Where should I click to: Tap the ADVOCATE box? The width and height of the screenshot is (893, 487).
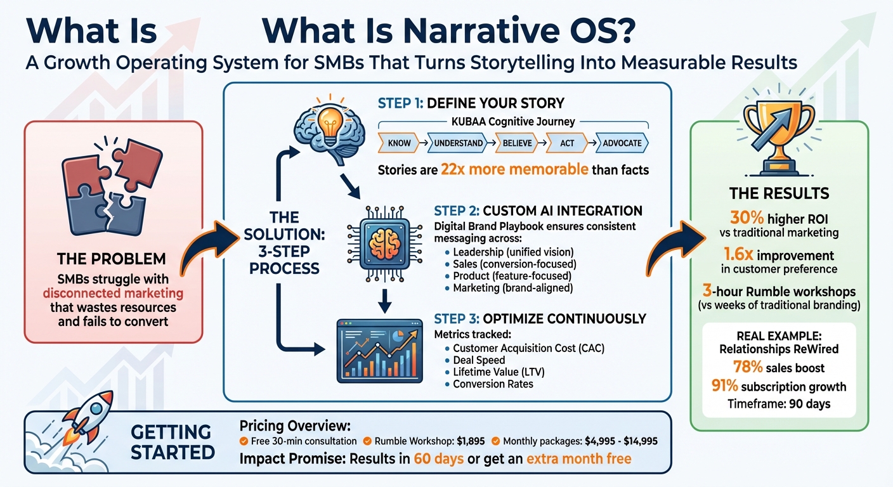tap(622, 143)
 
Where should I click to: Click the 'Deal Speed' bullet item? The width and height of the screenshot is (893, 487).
tap(479, 360)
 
